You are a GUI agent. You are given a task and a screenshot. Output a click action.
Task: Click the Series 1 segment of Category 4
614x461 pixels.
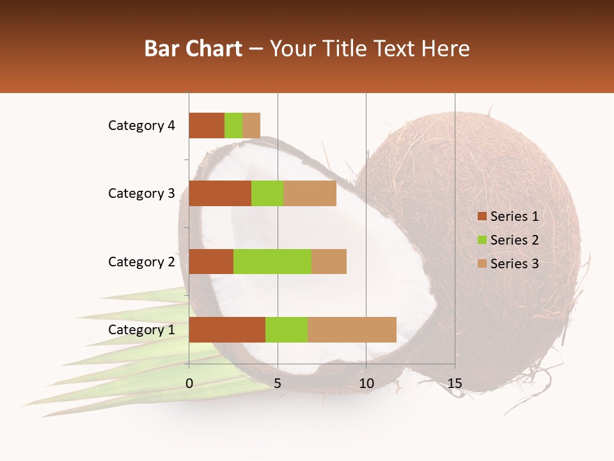tap(207, 125)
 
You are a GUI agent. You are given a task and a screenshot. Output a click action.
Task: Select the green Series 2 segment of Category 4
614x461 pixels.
tap(233, 125)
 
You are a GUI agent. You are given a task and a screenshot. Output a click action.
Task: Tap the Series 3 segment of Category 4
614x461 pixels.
tap(251, 125)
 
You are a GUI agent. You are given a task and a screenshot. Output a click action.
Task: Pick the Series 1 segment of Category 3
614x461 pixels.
tap(220, 193)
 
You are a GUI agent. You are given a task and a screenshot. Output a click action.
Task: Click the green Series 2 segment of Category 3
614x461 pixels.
tap(267, 193)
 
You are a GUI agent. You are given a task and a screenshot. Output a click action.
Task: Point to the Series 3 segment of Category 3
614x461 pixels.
tap(310, 193)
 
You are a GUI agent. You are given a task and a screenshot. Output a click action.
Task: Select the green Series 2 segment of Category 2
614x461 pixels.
tap(272, 261)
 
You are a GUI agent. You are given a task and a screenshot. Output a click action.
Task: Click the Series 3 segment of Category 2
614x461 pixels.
tap(329, 261)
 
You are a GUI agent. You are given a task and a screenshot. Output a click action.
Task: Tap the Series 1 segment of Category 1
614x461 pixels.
tap(227, 330)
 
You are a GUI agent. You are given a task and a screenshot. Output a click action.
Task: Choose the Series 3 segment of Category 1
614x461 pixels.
tap(352, 330)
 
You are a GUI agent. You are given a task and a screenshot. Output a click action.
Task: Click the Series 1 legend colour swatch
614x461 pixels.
tap(482, 216)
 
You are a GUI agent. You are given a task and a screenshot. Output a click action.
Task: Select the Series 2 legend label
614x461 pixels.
tap(514, 240)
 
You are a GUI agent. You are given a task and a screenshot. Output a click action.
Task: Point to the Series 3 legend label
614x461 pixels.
tap(514, 264)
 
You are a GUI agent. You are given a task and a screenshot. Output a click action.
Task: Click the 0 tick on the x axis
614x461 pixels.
tap(189, 384)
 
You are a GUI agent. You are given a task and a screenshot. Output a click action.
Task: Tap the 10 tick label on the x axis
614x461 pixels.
tap(366, 384)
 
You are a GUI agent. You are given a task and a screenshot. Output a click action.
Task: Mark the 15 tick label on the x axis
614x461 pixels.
tap(454, 384)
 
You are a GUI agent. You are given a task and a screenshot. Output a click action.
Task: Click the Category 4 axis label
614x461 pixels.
tap(141, 125)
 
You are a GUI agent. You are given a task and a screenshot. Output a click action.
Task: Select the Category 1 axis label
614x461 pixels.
tap(141, 330)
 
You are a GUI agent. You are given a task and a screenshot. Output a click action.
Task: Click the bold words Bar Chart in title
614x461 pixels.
tap(193, 49)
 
